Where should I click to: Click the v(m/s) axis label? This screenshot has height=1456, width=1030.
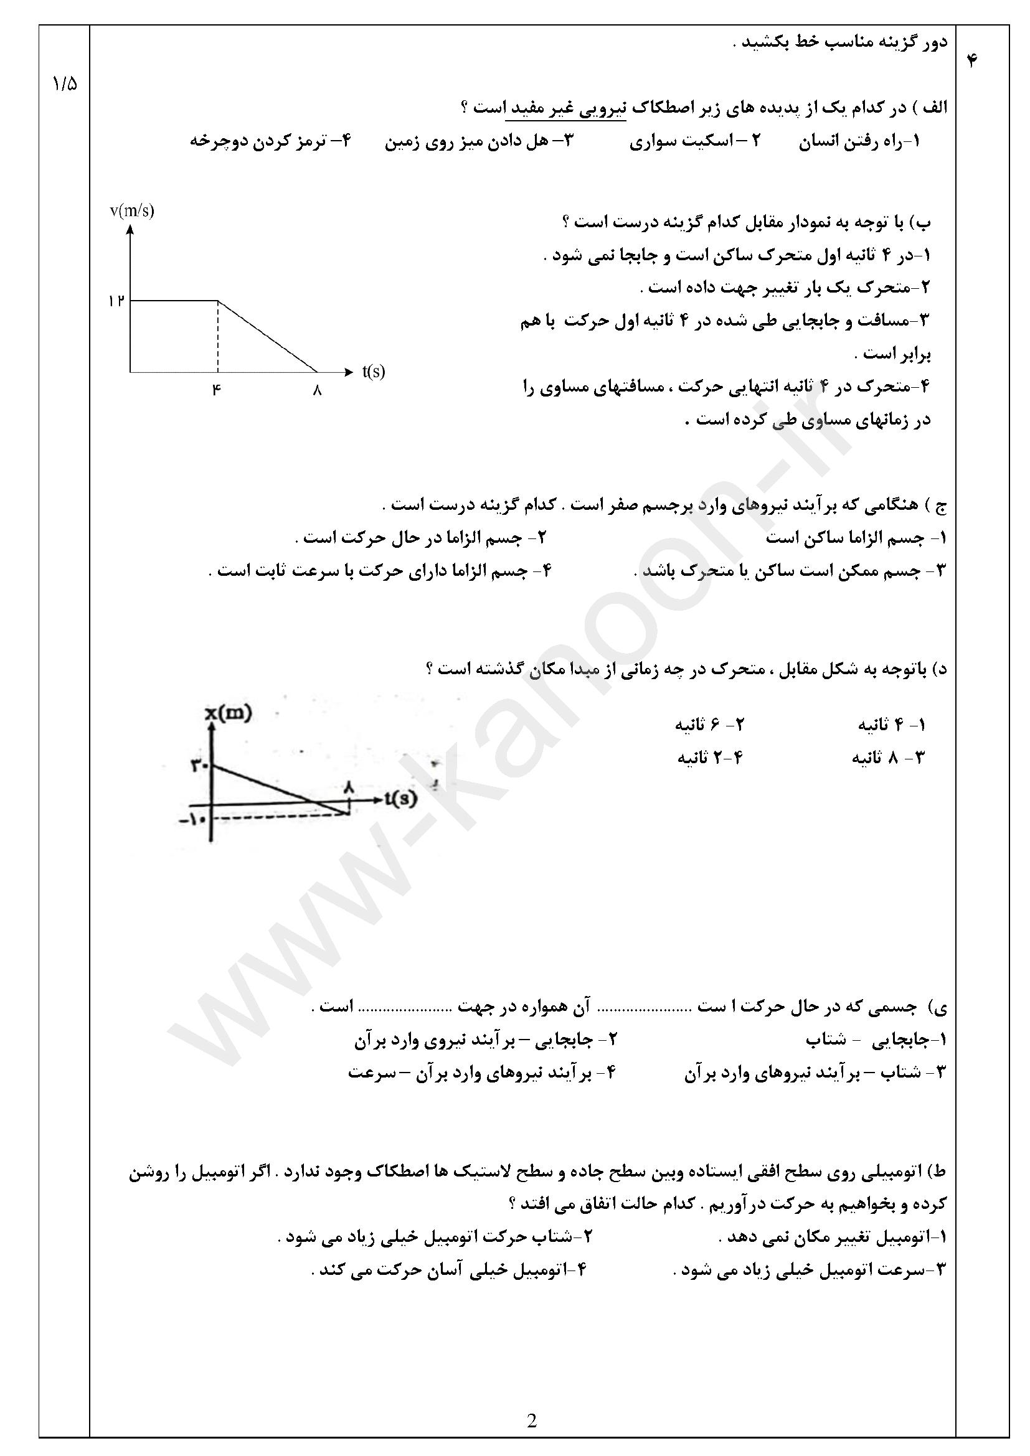point(132,211)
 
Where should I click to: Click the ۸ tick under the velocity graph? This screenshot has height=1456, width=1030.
point(317,391)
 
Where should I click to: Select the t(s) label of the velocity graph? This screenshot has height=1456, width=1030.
point(374,372)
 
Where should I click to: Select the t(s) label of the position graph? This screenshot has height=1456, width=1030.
point(400,799)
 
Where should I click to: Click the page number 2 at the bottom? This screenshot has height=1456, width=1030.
point(531,1421)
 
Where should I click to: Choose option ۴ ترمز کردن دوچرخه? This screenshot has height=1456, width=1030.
point(270,141)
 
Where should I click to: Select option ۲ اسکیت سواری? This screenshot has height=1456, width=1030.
point(694,141)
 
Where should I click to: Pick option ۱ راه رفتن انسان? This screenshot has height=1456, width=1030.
point(859,141)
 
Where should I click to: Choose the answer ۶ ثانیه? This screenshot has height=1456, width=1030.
point(709,723)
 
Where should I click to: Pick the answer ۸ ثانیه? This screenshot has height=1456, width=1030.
point(888,757)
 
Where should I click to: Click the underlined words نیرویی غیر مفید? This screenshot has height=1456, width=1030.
point(565,108)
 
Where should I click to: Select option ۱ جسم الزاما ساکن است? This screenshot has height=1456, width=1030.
point(856,538)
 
